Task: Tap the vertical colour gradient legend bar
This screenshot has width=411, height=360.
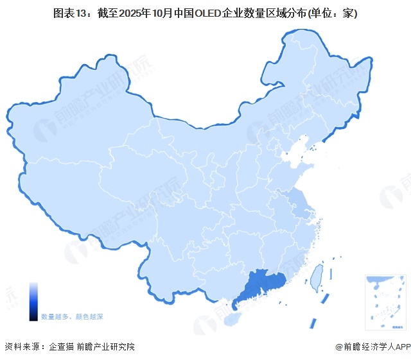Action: click(x=33, y=301)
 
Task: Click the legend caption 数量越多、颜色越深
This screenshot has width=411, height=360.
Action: click(x=72, y=317)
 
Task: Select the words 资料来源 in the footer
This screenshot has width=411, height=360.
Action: click(x=21, y=347)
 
